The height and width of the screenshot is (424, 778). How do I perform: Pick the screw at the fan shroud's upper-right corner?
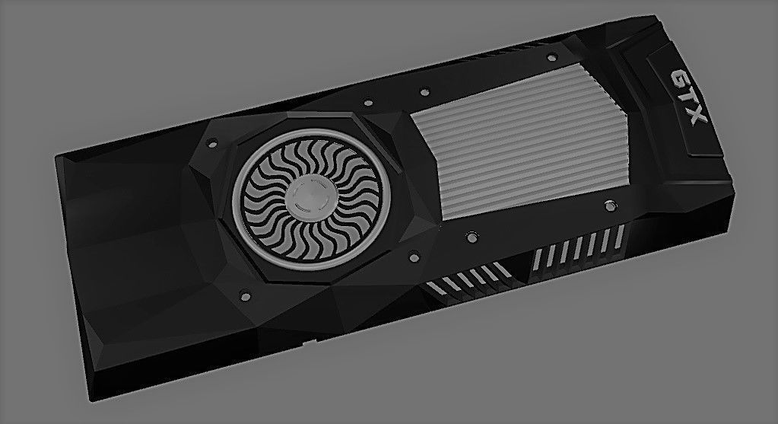pyautogui.click(x=368, y=101)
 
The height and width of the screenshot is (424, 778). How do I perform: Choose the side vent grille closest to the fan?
pyautogui.click(x=464, y=282)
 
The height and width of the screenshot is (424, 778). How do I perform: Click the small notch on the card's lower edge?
pyautogui.click(x=306, y=343)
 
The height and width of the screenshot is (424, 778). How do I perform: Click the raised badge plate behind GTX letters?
pyautogui.click(x=684, y=103)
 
